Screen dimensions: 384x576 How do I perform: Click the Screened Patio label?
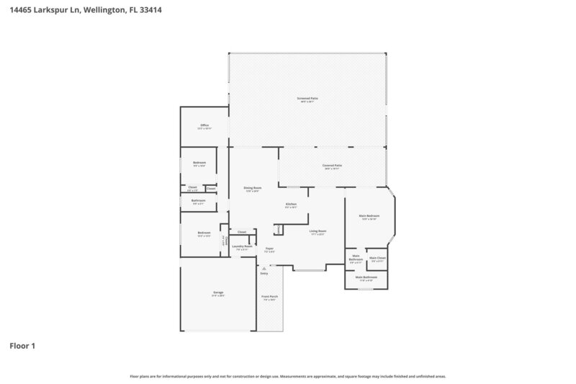tap(307, 98)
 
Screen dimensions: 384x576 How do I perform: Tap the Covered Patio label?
tap(332, 166)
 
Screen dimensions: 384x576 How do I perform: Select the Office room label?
tap(204, 125)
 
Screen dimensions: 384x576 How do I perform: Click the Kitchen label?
tap(291, 205)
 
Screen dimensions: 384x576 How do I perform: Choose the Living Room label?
tap(318, 231)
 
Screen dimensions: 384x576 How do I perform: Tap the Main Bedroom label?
tap(369, 215)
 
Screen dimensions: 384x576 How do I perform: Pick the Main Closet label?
tap(377, 258)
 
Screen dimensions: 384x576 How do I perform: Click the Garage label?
tap(217, 293)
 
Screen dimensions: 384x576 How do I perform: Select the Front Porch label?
tap(269, 296)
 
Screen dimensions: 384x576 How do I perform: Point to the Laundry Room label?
tap(242, 246)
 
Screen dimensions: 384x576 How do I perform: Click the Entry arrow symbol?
tap(264, 268)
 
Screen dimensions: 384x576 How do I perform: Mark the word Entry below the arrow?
tap(264, 274)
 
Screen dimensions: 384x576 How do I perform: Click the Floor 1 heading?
tap(22, 346)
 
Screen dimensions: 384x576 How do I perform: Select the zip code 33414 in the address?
tap(149, 10)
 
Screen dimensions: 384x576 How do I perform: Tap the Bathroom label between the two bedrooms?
tap(199, 200)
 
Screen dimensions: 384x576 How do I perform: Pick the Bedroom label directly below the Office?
tap(199, 163)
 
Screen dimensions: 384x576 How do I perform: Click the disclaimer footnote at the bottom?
tap(287, 376)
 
